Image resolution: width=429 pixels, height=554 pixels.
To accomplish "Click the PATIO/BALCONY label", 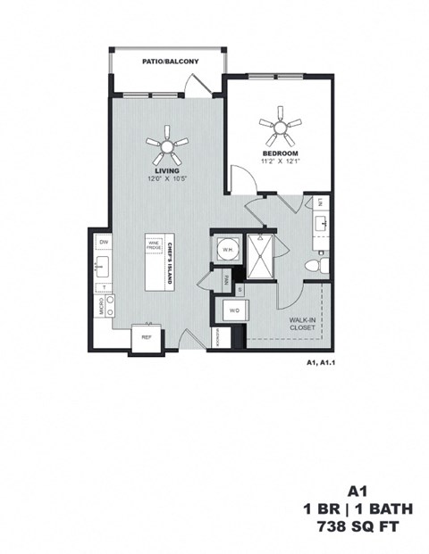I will pos(170,62).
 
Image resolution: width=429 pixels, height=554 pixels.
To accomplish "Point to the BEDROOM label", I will pos(280,153).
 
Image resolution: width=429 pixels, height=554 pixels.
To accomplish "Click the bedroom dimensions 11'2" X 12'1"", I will pos(280,161).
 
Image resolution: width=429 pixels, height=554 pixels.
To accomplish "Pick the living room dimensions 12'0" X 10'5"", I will pos(168,178).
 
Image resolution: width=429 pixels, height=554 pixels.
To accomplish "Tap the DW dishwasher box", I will pos(104,242).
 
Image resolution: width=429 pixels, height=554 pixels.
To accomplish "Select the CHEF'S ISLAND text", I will pos(170,260).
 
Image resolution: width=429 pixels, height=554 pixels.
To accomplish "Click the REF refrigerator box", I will pos(146,338).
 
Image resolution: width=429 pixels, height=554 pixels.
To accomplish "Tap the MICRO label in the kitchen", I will pos(102,306).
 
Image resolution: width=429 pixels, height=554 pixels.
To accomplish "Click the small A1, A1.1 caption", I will pos(318,363).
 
